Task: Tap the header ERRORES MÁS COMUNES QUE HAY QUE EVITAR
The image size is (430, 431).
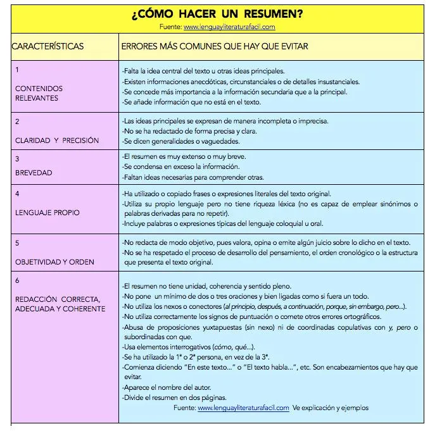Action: (215, 47)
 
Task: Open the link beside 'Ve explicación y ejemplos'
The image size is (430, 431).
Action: (243, 408)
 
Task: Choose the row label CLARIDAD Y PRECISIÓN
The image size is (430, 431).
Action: (57, 141)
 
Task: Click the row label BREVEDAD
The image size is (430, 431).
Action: (34, 172)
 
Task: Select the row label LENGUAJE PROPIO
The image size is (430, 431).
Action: (47, 213)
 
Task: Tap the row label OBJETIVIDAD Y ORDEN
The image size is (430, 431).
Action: (54, 261)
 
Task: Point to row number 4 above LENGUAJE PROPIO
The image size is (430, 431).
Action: (17, 192)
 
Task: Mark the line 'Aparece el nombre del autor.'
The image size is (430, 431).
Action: (167, 387)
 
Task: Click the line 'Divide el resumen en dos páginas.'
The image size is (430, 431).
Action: (174, 397)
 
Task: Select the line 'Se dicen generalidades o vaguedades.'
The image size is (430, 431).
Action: (181, 141)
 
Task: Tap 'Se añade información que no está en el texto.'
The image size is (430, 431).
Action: (191, 101)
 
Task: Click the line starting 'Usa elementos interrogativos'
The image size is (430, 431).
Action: (189, 347)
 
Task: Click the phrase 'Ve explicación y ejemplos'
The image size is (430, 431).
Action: (330, 408)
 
